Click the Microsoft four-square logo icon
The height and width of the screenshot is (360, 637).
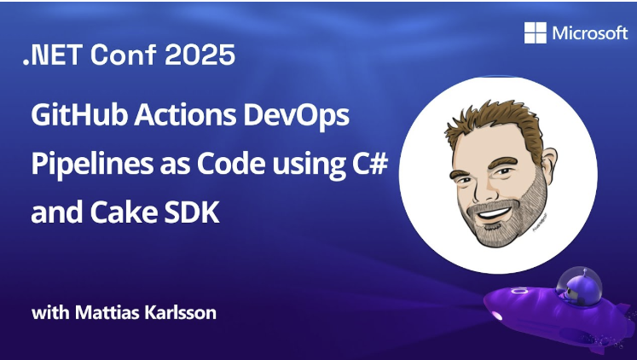point(536,33)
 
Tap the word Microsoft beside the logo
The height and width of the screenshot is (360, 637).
point(589,33)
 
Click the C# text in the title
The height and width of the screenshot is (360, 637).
point(372,164)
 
